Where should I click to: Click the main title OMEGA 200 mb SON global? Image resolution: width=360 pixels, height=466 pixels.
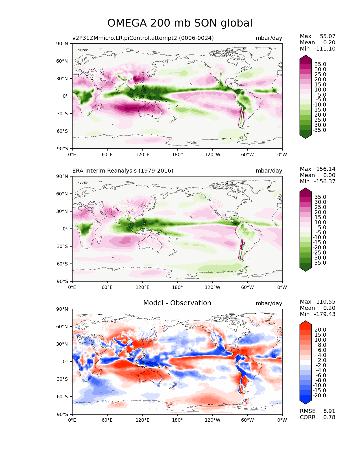180,23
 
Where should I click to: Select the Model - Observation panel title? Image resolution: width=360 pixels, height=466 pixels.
177,303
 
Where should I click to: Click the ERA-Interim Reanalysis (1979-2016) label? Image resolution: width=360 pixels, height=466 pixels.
123,171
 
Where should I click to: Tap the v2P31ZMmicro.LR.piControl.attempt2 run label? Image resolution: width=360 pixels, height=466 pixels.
143,38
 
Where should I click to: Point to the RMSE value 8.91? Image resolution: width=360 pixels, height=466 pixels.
329,411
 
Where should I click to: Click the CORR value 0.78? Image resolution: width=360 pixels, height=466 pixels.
329,417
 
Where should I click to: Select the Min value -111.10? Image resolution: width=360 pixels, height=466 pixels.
325,49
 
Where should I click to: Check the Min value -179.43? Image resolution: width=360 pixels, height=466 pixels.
325,314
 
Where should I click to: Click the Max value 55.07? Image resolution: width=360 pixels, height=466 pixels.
328,36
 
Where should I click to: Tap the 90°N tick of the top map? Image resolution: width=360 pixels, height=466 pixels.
62,43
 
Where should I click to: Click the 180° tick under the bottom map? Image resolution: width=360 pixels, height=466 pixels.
177,420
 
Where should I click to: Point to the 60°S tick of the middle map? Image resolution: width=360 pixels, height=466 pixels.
62,264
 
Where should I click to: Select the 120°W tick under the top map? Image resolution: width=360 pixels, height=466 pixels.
212,154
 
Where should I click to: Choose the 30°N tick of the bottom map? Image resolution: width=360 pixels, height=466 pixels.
62,344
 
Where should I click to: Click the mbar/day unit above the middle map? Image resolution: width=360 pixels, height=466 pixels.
269,171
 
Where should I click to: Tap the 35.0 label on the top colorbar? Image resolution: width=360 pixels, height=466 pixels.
320,64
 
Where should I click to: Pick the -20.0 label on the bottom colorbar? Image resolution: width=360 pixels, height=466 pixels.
319,395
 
